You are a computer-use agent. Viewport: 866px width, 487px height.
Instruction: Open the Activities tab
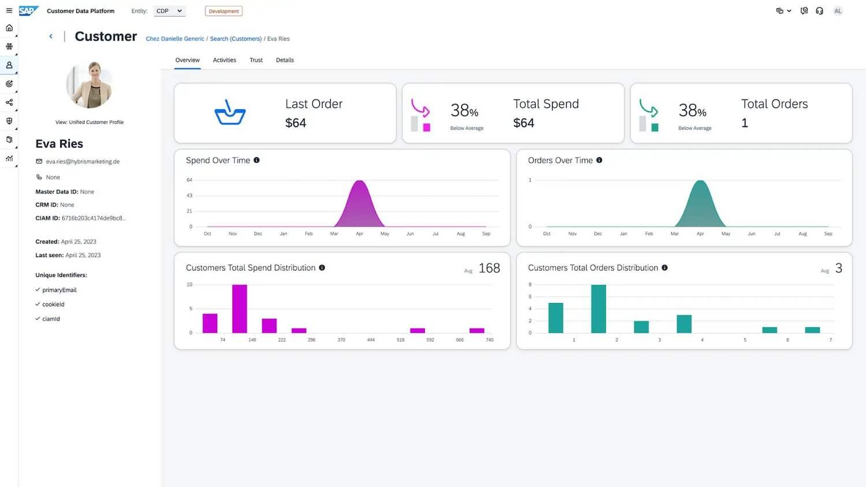click(224, 60)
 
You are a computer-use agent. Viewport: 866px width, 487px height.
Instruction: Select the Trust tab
click(256, 60)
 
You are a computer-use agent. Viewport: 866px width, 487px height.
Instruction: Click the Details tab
click(285, 60)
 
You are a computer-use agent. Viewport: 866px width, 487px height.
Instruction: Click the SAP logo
click(29, 11)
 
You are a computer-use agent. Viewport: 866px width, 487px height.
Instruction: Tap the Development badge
click(224, 11)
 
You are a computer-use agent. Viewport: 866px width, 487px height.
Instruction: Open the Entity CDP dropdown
click(169, 11)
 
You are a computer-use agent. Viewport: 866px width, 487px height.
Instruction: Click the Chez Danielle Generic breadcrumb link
click(175, 39)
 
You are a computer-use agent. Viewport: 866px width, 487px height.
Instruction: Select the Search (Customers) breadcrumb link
click(236, 39)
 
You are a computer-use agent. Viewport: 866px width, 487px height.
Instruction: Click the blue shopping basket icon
click(230, 113)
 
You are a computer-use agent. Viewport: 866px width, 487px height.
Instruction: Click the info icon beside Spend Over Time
click(257, 160)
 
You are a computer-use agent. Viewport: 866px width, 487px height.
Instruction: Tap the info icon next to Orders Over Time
click(599, 160)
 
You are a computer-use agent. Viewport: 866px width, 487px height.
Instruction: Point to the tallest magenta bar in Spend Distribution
click(240, 308)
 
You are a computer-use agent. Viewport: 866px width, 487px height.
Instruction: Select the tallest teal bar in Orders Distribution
click(599, 308)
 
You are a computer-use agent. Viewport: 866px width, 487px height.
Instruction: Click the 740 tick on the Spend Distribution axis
click(490, 340)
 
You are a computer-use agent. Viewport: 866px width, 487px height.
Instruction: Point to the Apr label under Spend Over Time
click(360, 233)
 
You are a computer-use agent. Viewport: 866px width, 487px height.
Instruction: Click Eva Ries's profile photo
click(89, 85)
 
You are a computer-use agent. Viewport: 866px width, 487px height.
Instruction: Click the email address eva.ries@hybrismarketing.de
click(83, 162)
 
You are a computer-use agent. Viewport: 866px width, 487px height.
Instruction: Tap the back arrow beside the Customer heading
click(51, 36)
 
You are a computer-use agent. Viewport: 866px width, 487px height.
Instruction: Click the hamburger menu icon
click(9, 11)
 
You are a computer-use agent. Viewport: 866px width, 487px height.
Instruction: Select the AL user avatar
click(837, 11)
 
